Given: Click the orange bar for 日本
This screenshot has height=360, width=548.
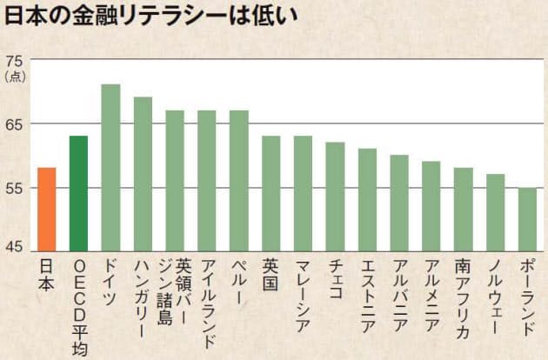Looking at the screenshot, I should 46,209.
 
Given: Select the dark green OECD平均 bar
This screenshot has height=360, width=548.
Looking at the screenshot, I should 78,193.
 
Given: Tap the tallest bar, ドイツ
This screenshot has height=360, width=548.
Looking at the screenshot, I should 110,167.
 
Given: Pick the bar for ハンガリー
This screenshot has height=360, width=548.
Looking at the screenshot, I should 143,174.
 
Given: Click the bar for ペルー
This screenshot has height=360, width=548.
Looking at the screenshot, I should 238,180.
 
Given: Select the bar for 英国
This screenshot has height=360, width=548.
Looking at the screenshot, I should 271,193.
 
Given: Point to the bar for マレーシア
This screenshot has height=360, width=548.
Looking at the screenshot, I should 303,193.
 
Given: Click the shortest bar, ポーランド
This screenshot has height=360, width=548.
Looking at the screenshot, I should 527,218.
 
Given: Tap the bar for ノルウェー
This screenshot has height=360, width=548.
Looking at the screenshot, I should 495,212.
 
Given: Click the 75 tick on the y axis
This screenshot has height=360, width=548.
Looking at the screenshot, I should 15,61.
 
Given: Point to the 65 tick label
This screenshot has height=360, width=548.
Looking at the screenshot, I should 15,124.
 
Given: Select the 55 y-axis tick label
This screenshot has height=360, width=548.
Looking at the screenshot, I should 15,188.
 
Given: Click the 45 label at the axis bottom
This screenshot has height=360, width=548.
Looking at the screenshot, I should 15,250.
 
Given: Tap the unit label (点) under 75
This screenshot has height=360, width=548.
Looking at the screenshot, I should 15,77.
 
